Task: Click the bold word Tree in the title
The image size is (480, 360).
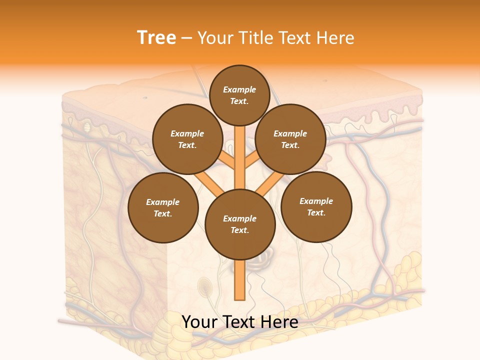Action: coord(156,38)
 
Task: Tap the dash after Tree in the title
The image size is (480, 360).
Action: coord(186,38)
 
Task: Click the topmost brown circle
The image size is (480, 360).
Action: coord(239,95)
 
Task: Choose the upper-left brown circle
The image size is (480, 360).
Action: coord(187,139)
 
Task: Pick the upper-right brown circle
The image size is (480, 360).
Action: coord(290,139)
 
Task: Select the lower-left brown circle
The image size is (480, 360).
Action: coord(163,207)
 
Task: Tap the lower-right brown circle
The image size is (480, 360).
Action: coord(316,206)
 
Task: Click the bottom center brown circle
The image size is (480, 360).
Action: coord(240,224)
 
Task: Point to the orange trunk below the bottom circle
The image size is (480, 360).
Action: coord(240,280)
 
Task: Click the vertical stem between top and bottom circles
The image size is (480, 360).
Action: coord(240,155)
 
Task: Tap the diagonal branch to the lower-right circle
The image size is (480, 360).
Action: coord(270,184)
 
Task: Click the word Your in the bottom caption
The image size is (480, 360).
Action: coord(200,322)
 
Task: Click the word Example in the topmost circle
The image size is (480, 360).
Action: coord(239,89)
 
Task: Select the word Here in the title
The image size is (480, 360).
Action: coord(335,38)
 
